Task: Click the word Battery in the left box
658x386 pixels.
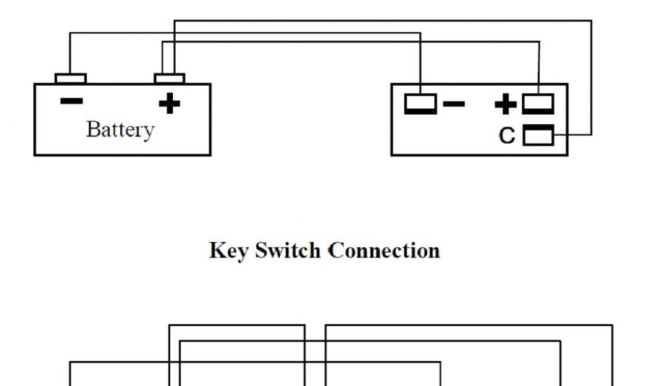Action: [120, 130]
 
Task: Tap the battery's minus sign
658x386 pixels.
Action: [71, 101]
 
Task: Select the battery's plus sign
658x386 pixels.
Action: [169, 102]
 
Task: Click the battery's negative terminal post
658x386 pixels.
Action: [71, 78]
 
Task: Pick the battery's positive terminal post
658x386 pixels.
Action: [170, 78]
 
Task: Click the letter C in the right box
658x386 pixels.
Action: [507, 136]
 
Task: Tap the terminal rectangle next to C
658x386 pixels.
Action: [538, 136]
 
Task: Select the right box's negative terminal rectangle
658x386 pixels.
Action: [420, 104]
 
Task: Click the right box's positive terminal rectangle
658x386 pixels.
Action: [538, 104]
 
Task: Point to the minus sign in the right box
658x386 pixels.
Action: [454, 103]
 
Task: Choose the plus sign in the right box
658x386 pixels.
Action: [506, 104]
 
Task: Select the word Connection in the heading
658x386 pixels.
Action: [384, 250]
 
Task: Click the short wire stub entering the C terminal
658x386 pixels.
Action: [572, 135]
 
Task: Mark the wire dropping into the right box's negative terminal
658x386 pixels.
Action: [420, 64]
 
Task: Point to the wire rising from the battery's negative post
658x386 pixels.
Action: [70, 55]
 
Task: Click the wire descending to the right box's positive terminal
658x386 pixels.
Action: [539, 68]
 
